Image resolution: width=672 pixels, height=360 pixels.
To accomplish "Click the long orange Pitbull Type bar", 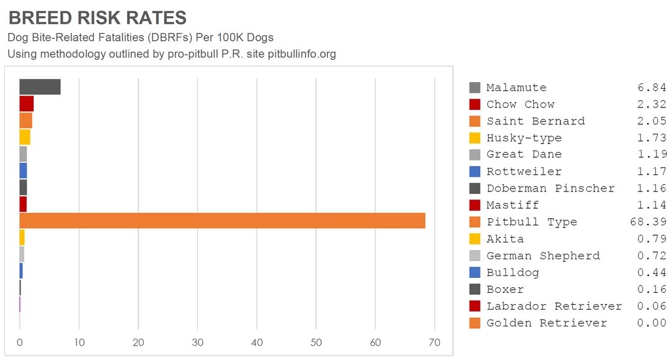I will (222, 221).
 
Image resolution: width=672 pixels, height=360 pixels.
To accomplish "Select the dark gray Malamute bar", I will (40, 87).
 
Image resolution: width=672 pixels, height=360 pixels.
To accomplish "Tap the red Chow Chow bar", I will (26, 104).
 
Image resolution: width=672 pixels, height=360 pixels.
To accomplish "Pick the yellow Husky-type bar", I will (25, 137).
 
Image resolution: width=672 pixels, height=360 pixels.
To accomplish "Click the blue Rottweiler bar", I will (23, 170).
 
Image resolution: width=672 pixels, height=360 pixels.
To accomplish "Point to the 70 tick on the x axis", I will (434, 342).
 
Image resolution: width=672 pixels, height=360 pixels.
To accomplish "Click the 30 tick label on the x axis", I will (197, 342).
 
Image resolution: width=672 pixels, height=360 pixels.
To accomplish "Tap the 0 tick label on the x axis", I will (20, 342).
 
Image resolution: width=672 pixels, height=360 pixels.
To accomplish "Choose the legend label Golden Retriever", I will (546, 323).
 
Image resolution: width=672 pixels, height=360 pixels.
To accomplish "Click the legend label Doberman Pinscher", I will (551, 188).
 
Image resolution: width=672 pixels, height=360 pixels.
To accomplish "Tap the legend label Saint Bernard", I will (536, 121).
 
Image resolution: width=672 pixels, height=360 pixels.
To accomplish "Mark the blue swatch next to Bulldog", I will (475, 272).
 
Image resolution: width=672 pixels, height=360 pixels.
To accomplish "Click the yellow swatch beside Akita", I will (475, 239).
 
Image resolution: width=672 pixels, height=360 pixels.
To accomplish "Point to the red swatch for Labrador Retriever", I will (475, 306).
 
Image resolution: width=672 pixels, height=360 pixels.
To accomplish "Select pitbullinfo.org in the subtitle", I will (302, 54).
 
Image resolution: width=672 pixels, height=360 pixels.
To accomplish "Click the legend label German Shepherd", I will (543, 256).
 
